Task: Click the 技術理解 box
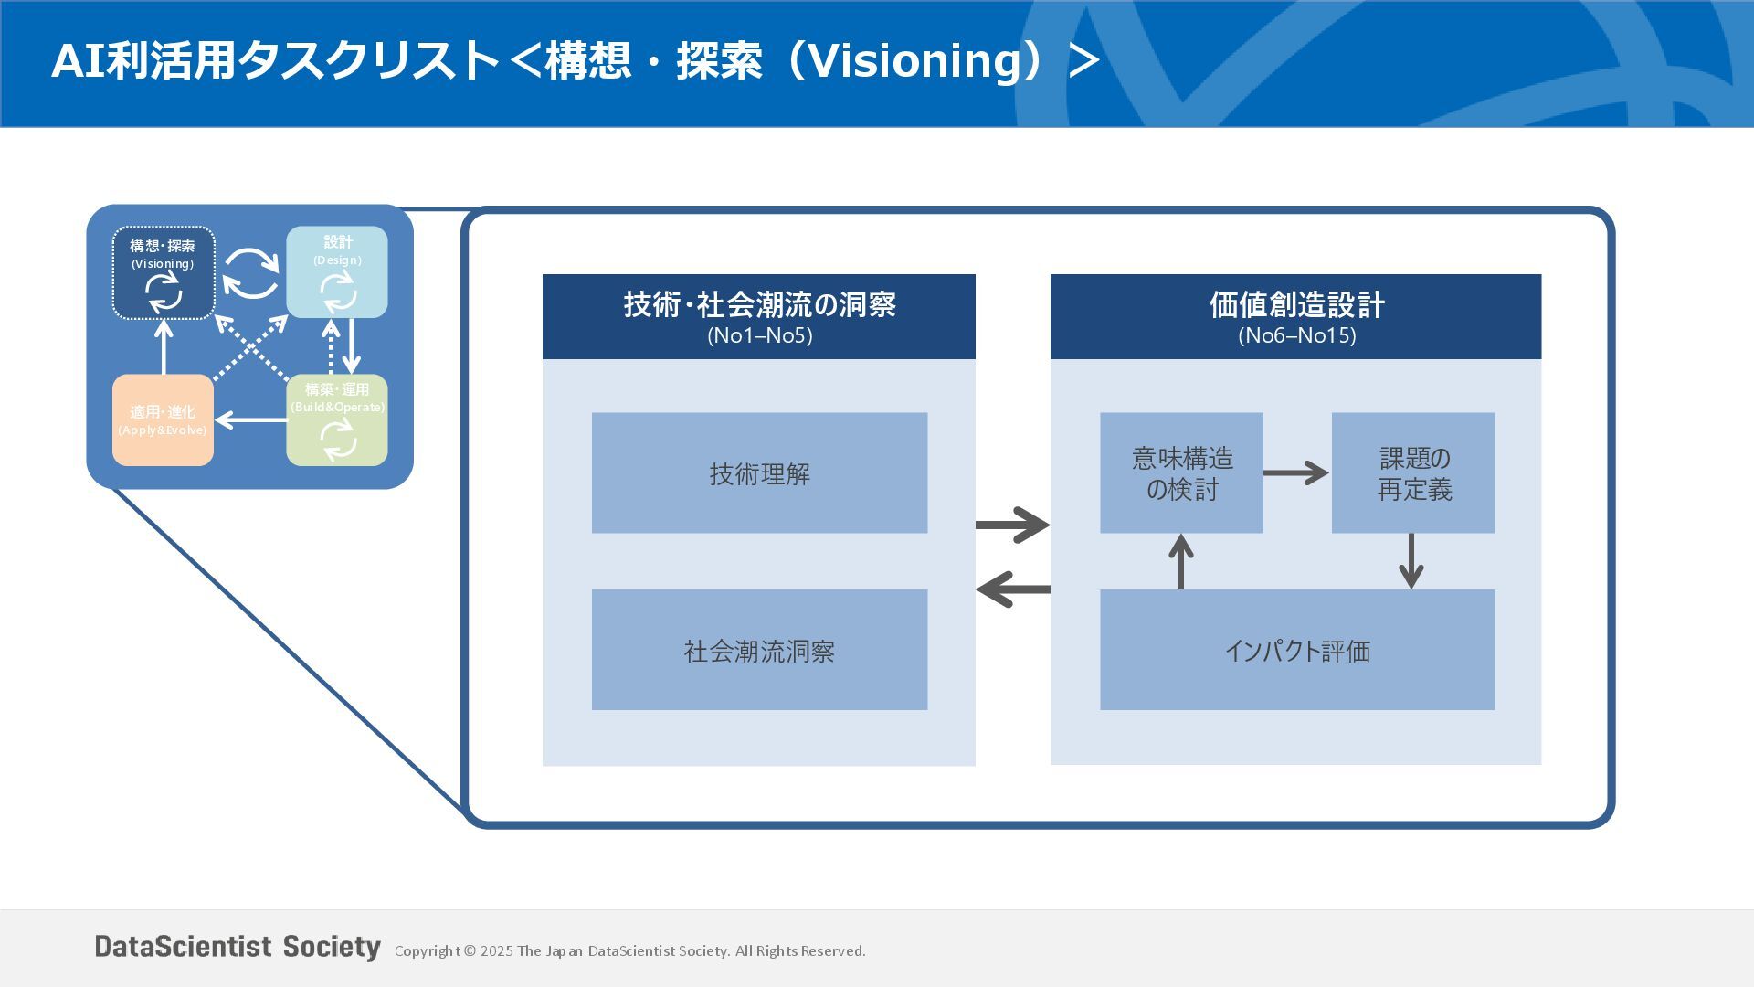(759, 472)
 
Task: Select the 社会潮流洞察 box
(759, 650)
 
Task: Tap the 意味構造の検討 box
(1181, 472)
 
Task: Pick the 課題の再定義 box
(1413, 472)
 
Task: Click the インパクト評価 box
(1297, 650)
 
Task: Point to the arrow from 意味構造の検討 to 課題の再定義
(1296, 472)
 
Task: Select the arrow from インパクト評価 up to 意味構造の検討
(1181, 561)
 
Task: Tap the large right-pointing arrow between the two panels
(1013, 525)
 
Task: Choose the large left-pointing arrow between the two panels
(1013, 589)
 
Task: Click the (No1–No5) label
(759, 335)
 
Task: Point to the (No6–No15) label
(1296, 335)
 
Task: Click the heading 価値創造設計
(1296, 304)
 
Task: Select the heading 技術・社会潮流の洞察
(759, 304)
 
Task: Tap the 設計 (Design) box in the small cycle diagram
(337, 271)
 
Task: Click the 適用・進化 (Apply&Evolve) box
(163, 420)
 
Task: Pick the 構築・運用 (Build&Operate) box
(337, 420)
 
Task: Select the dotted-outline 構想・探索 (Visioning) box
(164, 272)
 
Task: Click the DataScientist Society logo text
(238, 947)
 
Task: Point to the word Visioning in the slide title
(921, 61)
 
